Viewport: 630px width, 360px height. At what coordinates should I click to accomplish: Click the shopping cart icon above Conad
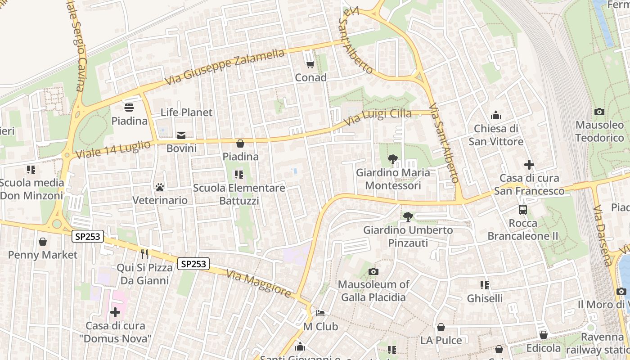tap(310, 65)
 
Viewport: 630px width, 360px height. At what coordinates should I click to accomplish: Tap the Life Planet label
tap(186, 112)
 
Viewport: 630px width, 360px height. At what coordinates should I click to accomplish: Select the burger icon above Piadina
tap(129, 108)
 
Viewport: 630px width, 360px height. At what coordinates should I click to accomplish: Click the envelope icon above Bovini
tap(181, 135)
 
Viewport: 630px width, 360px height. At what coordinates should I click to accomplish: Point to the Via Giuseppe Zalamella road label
tap(225, 67)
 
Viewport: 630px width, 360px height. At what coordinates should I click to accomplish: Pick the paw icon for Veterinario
tap(160, 187)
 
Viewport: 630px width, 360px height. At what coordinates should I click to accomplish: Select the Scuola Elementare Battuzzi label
tap(239, 194)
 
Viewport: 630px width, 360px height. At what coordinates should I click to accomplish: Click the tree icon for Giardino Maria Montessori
tap(393, 159)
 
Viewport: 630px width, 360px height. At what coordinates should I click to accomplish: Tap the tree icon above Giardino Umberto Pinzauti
tap(408, 217)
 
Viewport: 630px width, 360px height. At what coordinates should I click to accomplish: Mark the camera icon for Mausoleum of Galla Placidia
tap(373, 271)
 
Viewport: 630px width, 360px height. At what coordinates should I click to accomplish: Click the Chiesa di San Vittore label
tap(496, 135)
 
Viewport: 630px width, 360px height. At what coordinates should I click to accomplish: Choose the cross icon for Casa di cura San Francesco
tap(529, 165)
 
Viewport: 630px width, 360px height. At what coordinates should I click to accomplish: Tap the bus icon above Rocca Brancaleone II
tap(523, 209)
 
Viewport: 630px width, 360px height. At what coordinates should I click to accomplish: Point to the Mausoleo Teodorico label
tap(599, 131)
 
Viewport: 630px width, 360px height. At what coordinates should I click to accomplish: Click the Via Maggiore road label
tap(259, 283)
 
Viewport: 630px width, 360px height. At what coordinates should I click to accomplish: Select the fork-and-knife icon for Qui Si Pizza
tap(144, 254)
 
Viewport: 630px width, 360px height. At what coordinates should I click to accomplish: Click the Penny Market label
tap(43, 255)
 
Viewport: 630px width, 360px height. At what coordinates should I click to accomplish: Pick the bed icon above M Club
tap(320, 313)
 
